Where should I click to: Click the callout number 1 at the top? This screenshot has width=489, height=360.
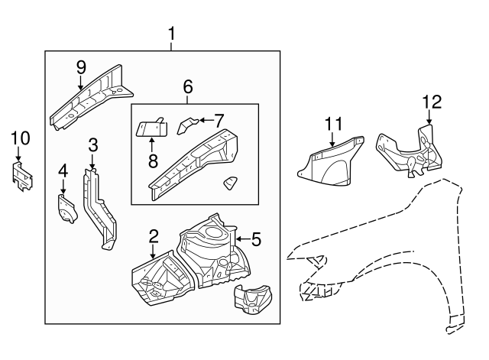pyautogui.click(x=172, y=34)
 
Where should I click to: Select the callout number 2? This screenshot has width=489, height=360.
pyautogui.click(x=154, y=236)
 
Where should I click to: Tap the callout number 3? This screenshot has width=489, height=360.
pyautogui.click(x=92, y=145)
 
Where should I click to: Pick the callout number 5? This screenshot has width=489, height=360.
pyautogui.click(x=256, y=240)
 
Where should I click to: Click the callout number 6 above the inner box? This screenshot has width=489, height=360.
pyautogui.click(x=187, y=88)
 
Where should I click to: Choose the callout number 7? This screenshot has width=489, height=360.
pyautogui.click(x=219, y=120)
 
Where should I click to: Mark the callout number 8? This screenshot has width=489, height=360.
pyautogui.click(x=152, y=159)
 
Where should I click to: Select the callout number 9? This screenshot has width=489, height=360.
pyautogui.click(x=80, y=66)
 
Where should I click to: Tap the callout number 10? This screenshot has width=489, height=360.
pyautogui.click(x=20, y=138)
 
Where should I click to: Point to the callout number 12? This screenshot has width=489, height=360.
pyautogui.click(x=432, y=102)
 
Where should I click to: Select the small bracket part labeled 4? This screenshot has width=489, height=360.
pyautogui.click(x=66, y=209)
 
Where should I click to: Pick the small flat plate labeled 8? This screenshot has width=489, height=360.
pyautogui.click(x=151, y=127)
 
